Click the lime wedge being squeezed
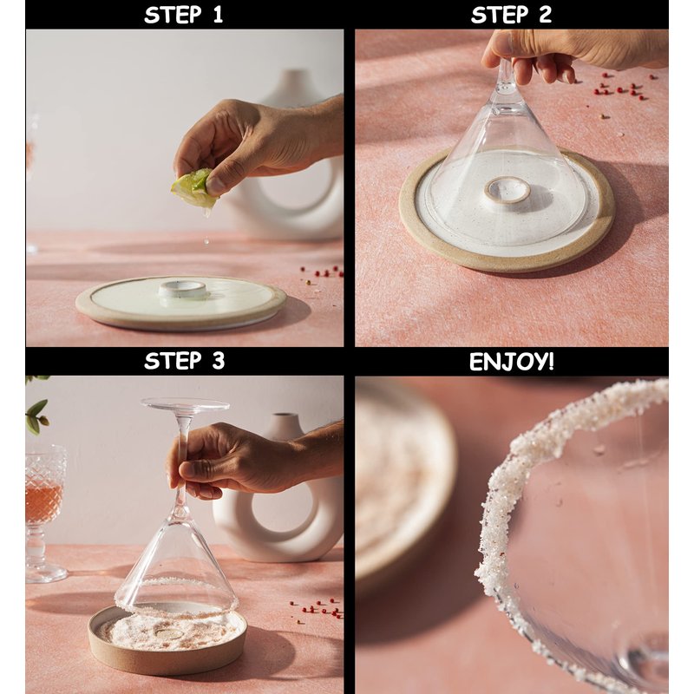(x=194, y=188)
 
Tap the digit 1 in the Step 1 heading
(x=218, y=15)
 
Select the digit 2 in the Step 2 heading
(x=546, y=15)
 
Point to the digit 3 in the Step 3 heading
(x=219, y=361)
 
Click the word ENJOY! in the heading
(x=512, y=362)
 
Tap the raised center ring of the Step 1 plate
(x=184, y=289)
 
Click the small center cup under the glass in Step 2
(x=507, y=190)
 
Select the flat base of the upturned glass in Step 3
(x=186, y=404)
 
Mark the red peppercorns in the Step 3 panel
(x=318, y=608)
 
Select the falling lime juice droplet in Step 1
(x=206, y=241)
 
